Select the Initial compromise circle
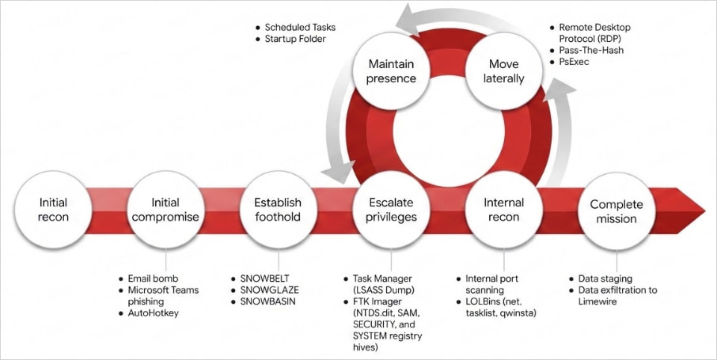click(x=165, y=209)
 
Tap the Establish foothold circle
click(x=278, y=209)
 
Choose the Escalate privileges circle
click(x=391, y=209)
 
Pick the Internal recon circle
click(x=503, y=209)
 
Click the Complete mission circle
click(x=616, y=211)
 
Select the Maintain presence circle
click(x=391, y=72)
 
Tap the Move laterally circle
click(x=505, y=72)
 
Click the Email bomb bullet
click(x=153, y=279)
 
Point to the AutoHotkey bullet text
click(x=154, y=313)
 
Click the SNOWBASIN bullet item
click(x=269, y=301)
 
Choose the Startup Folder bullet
click(x=294, y=39)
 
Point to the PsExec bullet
click(x=575, y=61)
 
